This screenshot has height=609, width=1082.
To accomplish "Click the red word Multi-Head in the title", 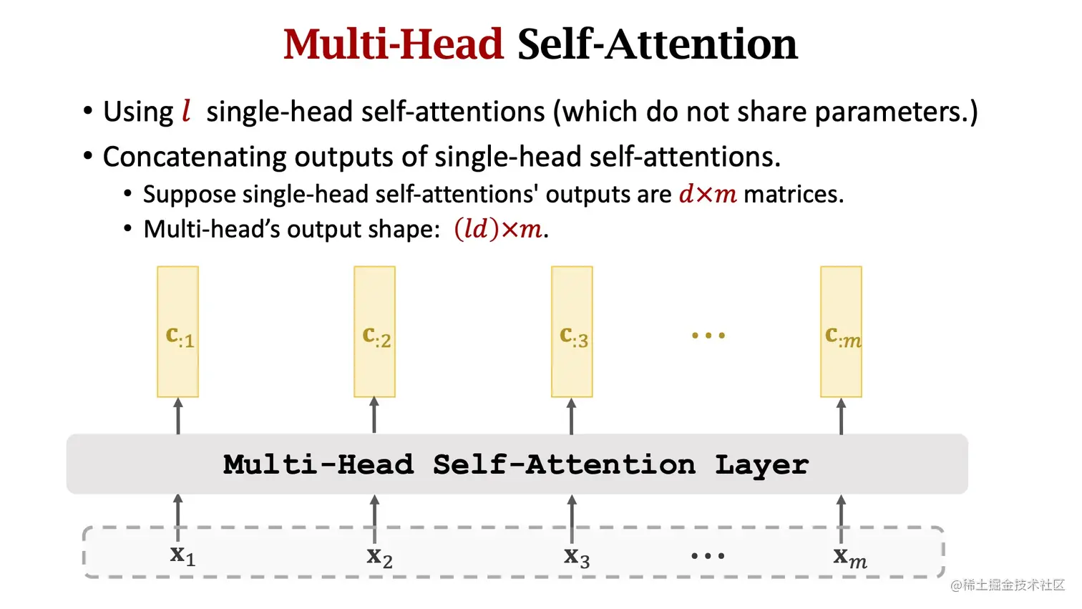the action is pos(393,44).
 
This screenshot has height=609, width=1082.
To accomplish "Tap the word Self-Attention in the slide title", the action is pos(657,44).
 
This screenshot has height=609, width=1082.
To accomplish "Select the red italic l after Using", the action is pos(186,111).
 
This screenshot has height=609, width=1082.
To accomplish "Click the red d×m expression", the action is pos(707,194).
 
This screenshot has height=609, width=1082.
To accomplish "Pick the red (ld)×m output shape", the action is pos(498,229).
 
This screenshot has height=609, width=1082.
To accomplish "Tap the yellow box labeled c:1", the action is pos(178,331).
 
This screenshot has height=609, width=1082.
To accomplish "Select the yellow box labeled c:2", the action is pos(375,331).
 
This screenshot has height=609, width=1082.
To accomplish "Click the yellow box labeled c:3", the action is pos(572,331).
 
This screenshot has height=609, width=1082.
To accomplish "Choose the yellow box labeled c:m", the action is pos(842,331).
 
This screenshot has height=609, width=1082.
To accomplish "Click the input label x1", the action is pos(182,555).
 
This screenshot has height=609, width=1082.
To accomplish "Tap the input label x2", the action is pos(379,557).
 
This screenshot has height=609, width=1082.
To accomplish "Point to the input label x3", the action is pos(577,557).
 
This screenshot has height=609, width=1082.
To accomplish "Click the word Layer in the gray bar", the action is pos(761,465).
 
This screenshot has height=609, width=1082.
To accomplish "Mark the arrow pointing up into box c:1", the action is pos(178,416).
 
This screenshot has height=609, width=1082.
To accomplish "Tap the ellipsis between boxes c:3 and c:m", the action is pos(708,335).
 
